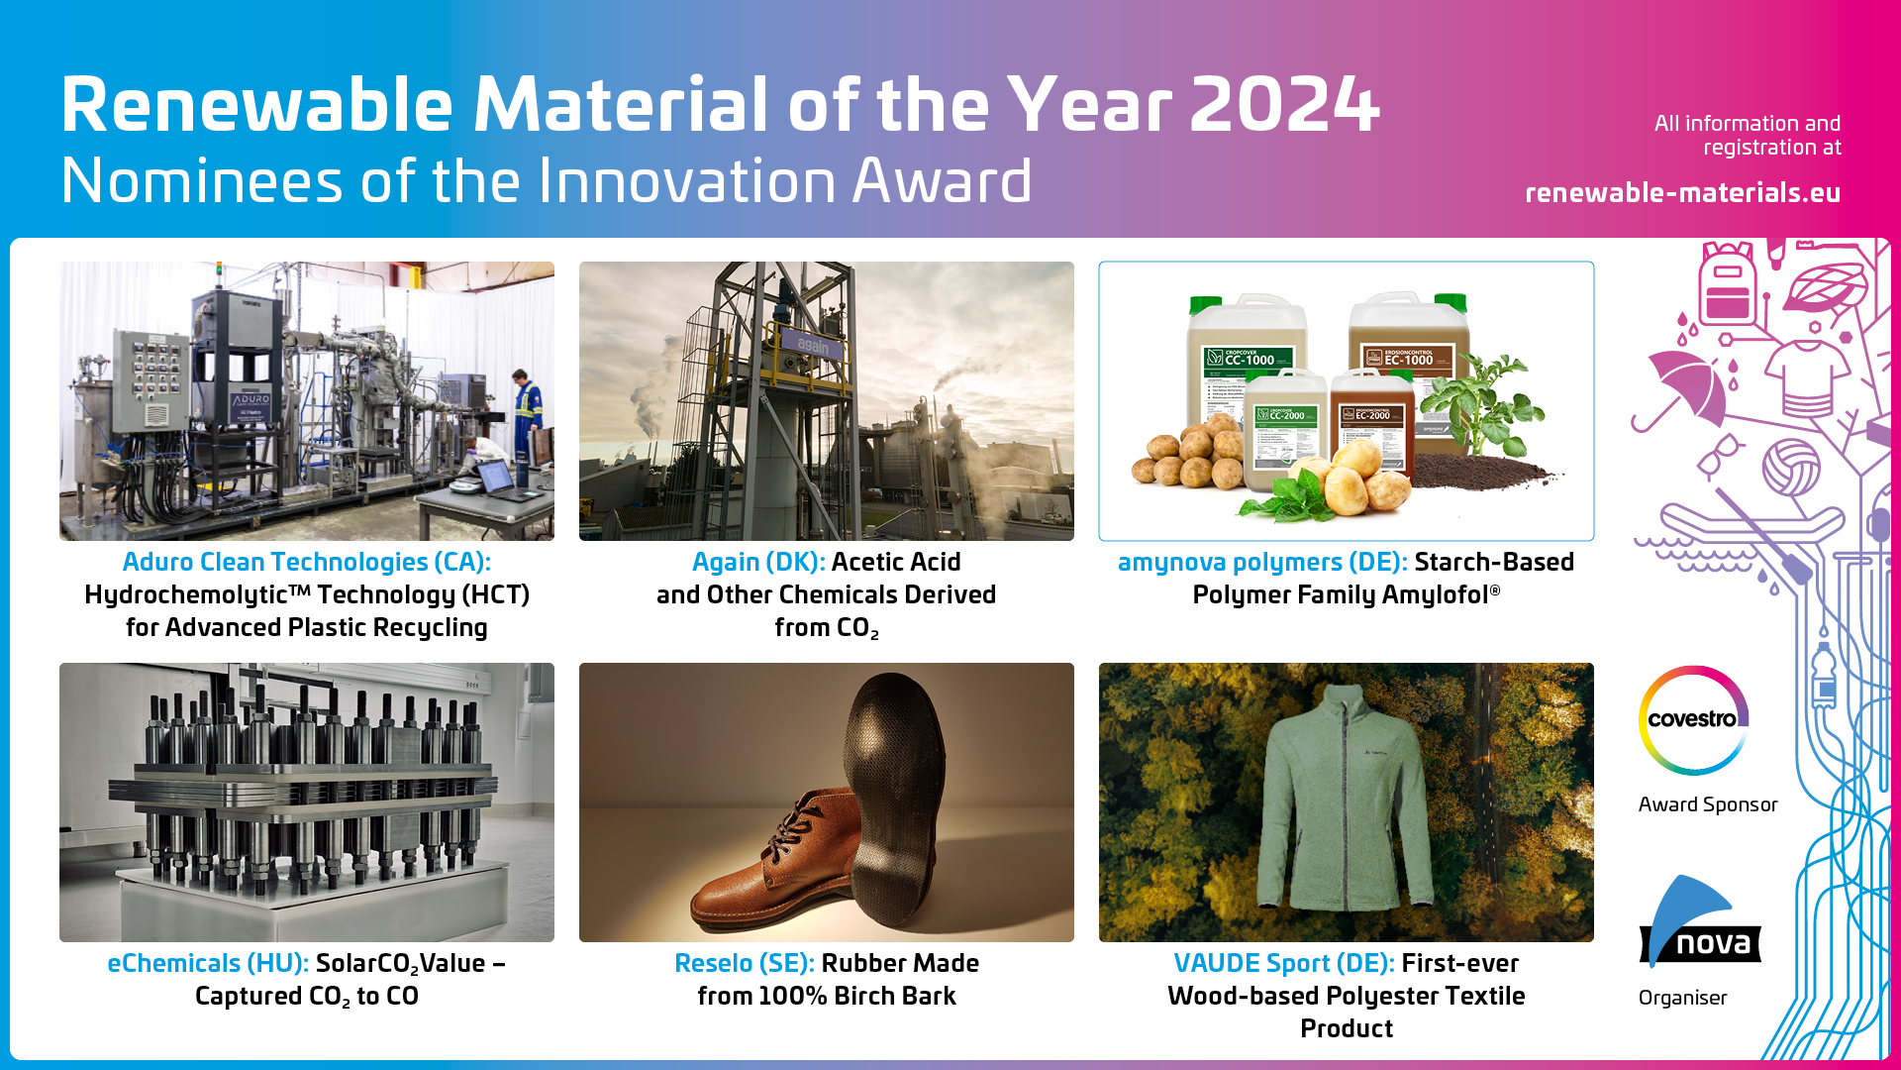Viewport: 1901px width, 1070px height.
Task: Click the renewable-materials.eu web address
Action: click(1682, 192)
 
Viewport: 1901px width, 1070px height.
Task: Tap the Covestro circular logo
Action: click(1693, 720)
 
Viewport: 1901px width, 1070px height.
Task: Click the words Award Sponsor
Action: click(1707, 804)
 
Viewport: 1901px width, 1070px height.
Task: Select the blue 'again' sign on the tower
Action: click(812, 345)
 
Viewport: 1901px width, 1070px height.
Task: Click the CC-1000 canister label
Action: click(1249, 359)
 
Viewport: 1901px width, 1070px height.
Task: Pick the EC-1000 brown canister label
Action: click(1408, 359)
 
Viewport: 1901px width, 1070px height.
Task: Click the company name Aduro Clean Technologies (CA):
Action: click(306, 562)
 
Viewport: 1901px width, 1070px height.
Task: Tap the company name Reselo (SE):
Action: click(744, 963)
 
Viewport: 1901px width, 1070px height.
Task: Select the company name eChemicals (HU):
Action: click(207, 963)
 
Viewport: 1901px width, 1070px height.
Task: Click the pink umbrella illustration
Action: click(1686, 386)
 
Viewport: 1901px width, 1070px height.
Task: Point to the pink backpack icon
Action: click(1727, 285)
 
